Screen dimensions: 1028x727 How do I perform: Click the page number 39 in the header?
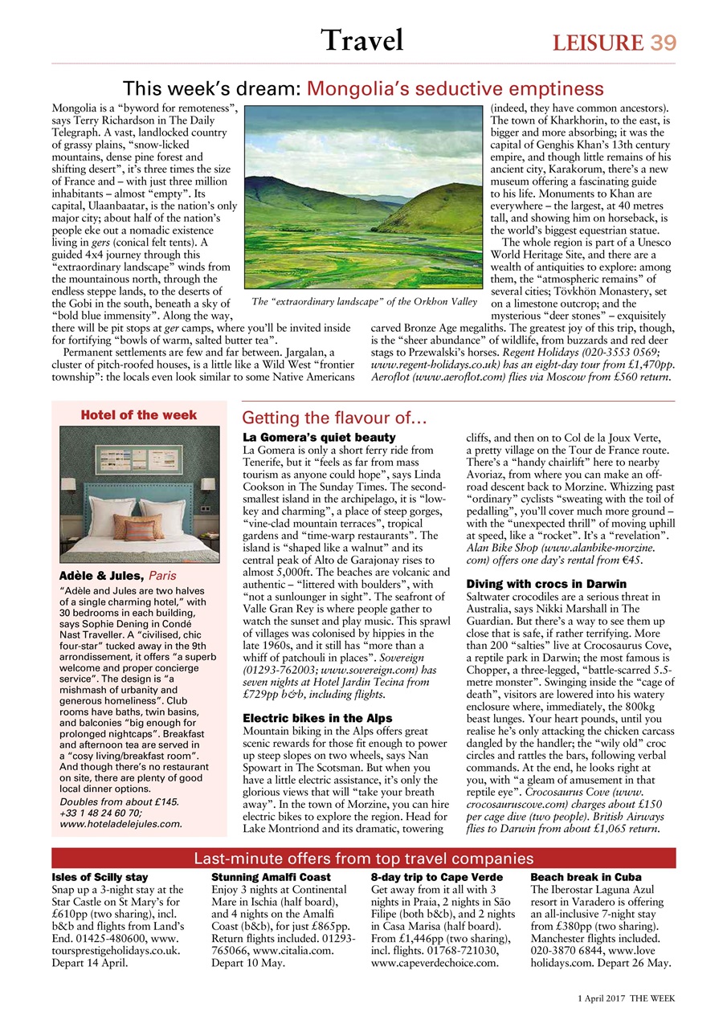click(x=663, y=43)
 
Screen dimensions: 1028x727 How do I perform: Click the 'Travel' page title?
click(x=361, y=39)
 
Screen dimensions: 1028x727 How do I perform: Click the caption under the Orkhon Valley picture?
click(x=365, y=303)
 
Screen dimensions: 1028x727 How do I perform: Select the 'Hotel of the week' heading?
click(x=139, y=414)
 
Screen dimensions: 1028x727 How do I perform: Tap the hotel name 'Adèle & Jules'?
click(x=103, y=576)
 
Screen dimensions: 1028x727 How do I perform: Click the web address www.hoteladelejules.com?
click(x=120, y=823)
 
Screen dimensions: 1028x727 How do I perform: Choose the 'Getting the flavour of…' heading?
click(x=334, y=418)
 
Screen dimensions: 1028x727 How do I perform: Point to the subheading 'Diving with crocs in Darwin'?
click(x=546, y=583)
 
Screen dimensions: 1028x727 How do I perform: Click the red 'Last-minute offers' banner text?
click(x=364, y=859)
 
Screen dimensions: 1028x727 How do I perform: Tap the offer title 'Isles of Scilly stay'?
click(x=100, y=877)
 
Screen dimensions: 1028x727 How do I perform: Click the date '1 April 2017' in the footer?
click(x=602, y=997)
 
